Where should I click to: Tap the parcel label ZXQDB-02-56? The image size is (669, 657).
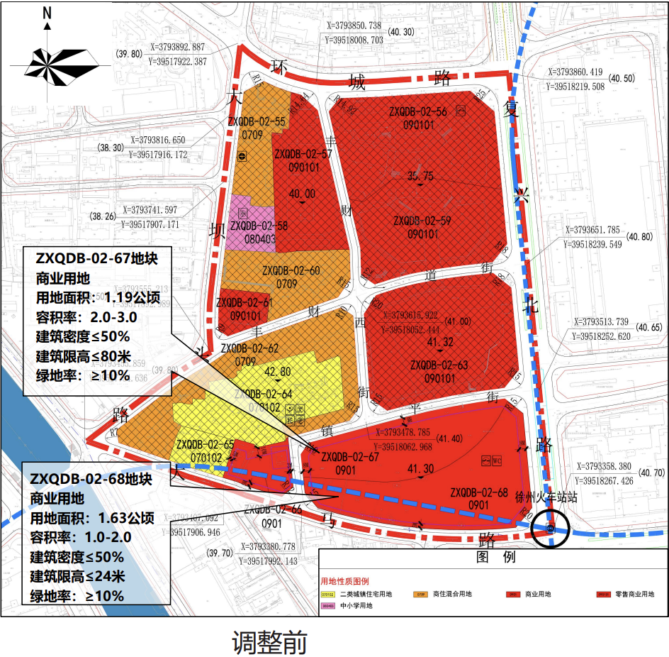pos(418,111)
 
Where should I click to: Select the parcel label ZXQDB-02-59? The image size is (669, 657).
pos(422,221)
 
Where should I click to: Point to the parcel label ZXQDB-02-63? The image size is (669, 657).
pos(439,365)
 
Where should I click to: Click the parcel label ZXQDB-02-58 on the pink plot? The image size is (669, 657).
pos(259,226)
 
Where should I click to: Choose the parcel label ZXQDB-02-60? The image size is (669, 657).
pos(291,270)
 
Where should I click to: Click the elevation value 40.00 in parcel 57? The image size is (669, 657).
pos(302,193)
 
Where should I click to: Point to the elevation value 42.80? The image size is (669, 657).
pos(277,372)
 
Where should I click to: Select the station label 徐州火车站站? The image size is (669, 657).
pos(546,498)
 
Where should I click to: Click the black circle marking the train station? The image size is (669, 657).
pos(551,528)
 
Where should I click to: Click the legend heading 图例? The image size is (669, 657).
pos(495,558)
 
